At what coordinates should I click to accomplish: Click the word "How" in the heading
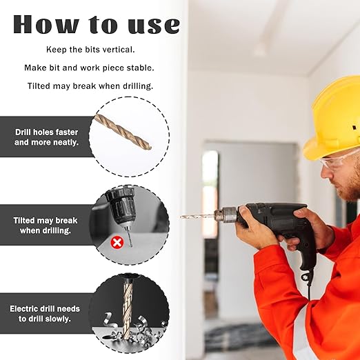pyautogui.click(x=46, y=24)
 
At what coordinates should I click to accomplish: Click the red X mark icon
pyautogui.click(x=117, y=242)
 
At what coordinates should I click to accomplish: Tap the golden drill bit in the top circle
pyautogui.click(x=123, y=132)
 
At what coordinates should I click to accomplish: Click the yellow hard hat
pyautogui.click(x=332, y=119)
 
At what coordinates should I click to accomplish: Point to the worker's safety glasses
pyautogui.click(x=338, y=161)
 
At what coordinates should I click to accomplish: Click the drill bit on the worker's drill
pyautogui.click(x=197, y=216)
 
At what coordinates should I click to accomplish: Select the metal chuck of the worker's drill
pyautogui.click(x=226, y=214)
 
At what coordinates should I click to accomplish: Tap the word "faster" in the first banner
pyautogui.click(x=67, y=132)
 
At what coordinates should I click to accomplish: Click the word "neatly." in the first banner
pyautogui.click(x=66, y=143)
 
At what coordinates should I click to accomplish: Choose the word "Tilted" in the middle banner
pyautogui.click(x=24, y=221)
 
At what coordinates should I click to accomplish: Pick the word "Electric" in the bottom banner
pyautogui.click(x=24, y=309)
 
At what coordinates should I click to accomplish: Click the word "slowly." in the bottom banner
pyautogui.click(x=58, y=319)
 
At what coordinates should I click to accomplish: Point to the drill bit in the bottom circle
pyautogui.click(x=128, y=309)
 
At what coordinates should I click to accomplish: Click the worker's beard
pyautogui.click(x=350, y=188)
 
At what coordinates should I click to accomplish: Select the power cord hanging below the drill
pyautogui.click(x=309, y=284)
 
